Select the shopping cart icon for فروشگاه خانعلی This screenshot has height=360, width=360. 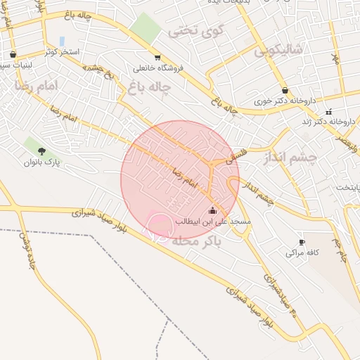click(x=157, y=58)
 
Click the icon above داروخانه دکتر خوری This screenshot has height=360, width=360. click(x=285, y=91)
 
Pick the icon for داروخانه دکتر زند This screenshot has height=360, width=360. click(x=328, y=112)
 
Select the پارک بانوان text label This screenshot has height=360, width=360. click(x=44, y=162)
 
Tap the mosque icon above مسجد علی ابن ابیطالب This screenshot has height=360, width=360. click(x=212, y=210)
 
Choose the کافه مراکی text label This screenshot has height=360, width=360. click(x=303, y=252)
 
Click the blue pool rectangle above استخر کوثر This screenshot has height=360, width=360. click(x=62, y=41)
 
